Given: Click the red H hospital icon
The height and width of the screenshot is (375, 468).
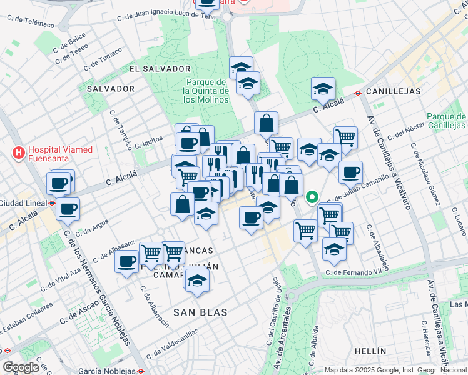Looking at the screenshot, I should click(x=19, y=152).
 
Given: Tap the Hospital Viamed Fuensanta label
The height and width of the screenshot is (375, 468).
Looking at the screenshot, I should click(x=60, y=154).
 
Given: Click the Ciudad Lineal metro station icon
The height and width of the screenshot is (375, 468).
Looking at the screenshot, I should click(x=53, y=202).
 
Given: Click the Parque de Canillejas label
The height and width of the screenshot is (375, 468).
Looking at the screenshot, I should click(x=446, y=121).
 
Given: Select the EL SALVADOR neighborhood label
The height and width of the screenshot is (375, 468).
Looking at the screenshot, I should click(x=160, y=68).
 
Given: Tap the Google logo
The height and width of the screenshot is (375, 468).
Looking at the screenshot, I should click(x=21, y=367).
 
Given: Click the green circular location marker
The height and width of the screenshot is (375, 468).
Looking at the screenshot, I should click(x=312, y=199).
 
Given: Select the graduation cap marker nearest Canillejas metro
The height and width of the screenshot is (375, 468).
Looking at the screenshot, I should click(x=323, y=88).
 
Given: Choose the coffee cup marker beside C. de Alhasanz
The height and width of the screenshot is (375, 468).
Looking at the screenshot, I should click(x=127, y=261).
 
